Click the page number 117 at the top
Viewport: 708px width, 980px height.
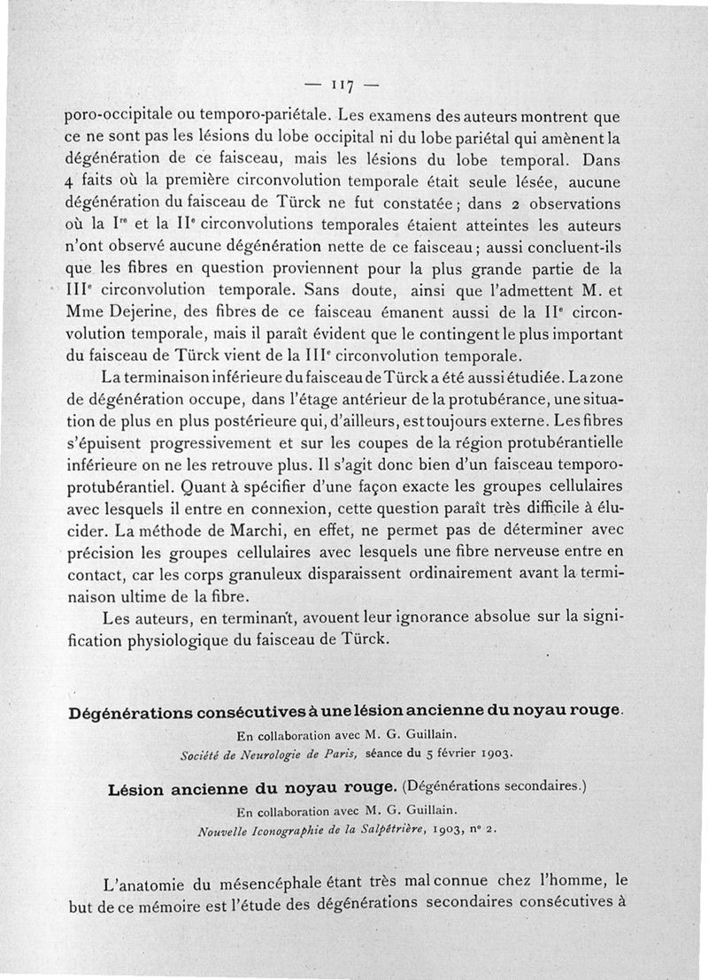tap(341, 86)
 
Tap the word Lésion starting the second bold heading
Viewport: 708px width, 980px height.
tap(141, 789)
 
